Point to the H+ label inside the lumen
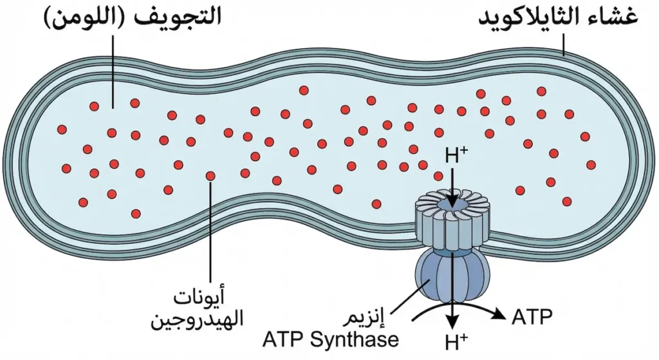[x=456, y=155]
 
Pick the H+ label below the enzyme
[x=456, y=343]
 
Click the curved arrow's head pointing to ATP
[x=499, y=314]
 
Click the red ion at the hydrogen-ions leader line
[x=210, y=176]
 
